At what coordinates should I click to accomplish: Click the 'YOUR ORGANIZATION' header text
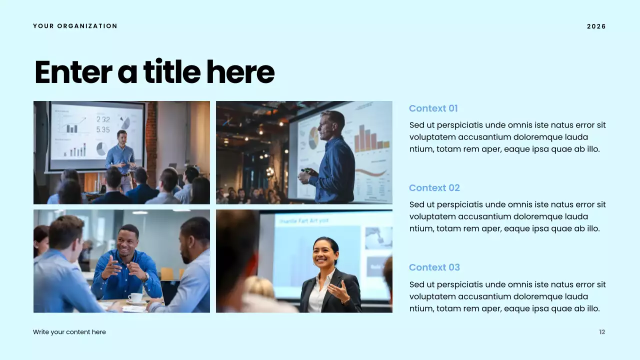tap(75, 26)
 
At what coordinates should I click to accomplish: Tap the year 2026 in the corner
tap(596, 26)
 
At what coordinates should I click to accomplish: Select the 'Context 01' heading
tap(433, 108)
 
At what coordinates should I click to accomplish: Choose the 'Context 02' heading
tap(434, 188)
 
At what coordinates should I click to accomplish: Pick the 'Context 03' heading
tap(434, 267)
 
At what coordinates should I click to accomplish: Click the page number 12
tap(602, 332)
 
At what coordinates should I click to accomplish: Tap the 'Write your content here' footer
tap(69, 332)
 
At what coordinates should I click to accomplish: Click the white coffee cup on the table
tap(134, 297)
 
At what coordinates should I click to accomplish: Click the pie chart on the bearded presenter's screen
tap(313, 137)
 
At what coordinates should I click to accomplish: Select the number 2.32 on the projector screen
tap(103, 119)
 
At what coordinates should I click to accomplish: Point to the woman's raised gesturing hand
tap(339, 290)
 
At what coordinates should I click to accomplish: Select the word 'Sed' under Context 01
tap(417, 125)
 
